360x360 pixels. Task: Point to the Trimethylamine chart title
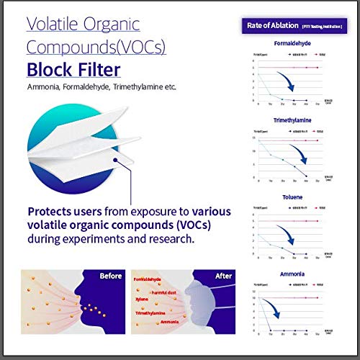click(292, 121)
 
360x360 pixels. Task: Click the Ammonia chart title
click(292, 274)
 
